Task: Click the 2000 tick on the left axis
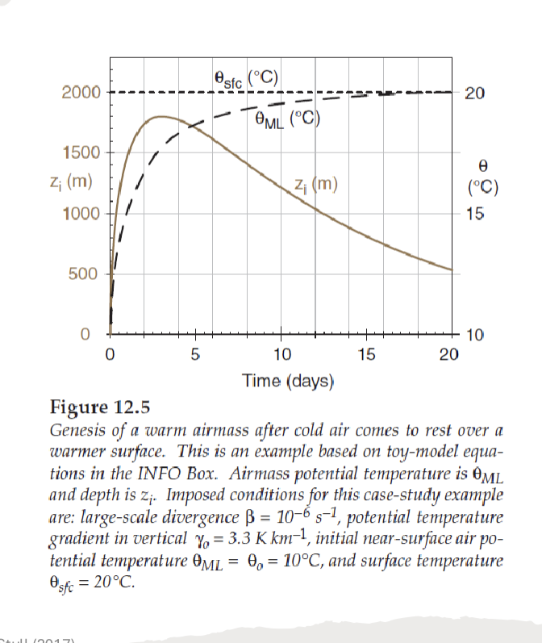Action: click(x=81, y=92)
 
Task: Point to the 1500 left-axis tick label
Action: click(x=81, y=152)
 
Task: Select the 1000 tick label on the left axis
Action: click(x=81, y=214)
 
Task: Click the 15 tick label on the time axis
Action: click(x=365, y=353)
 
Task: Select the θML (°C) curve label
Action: click(x=287, y=121)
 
